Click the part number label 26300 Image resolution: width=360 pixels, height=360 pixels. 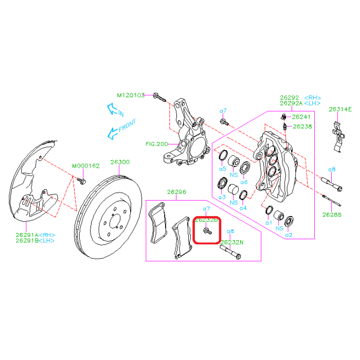(x=120, y=162)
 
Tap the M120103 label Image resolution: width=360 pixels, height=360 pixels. (x=131, y=95)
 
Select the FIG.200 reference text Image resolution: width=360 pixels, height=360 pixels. (x=157, y=144)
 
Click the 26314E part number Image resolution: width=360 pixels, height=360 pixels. (x=340, y=109)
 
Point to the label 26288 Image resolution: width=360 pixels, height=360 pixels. (x=332, y=214)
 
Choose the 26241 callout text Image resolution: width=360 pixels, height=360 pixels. (x=301, y=117)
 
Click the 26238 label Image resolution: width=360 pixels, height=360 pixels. (x=302, y=126)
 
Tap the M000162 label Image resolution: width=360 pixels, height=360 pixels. (x=85, y=166)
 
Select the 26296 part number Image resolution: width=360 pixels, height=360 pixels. (x=176, y=192)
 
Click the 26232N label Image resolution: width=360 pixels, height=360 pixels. (x=232, y=241)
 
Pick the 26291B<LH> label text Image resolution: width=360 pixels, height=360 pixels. (x=35, y=240)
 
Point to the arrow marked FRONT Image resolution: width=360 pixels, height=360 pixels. (x=120, y=129)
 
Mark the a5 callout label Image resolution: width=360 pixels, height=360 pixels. (x=222, y=168)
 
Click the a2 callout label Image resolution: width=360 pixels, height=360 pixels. (x=289, y=235)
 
